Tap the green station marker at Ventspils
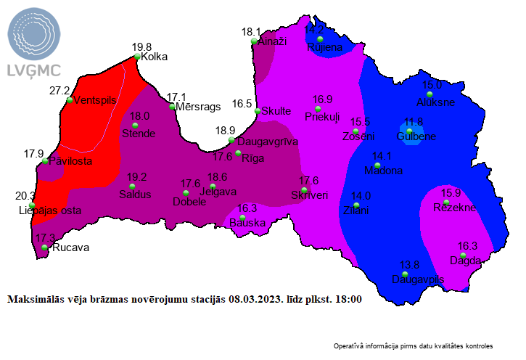[x=70, y=100]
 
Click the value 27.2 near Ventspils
[x=59, y=91]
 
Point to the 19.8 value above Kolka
[x=141, y=47]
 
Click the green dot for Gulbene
[x=410, y=131]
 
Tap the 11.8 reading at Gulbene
[x=414, y=122]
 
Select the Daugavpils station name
[x=417, y=279]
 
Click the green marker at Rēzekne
[x=447, y=202]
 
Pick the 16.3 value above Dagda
[x=468, y=246]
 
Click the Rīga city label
[x=253, y=158]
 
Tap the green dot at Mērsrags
[x=172, y=107]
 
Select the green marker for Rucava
[x=45, y=247]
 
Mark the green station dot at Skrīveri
[x=304, y=190]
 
